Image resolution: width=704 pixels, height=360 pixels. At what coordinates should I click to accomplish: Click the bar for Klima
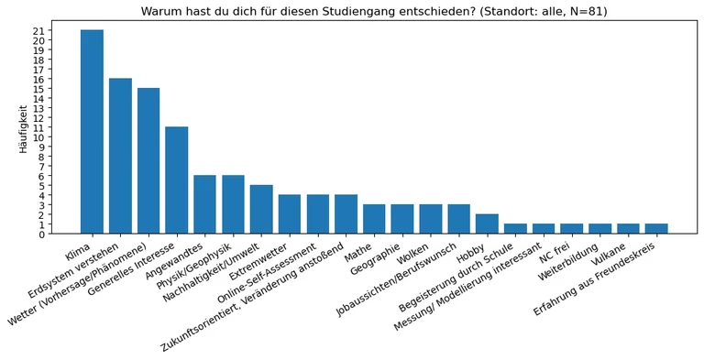(x=92, y=132)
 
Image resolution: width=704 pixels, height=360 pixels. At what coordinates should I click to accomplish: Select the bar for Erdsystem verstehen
(x=120, y=156)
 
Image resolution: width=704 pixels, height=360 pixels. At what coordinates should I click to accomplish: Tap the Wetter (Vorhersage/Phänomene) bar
(x=148, y=161)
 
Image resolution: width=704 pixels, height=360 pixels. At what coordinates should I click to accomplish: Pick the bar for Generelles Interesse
(x=177, y=180)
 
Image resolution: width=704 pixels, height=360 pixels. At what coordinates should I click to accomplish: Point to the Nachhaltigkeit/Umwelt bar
(x=261, y=210)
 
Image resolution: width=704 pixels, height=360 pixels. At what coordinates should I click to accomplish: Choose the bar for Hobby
(x=487, y=224)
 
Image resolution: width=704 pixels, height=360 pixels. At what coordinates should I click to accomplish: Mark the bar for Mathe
(x=374, y=219)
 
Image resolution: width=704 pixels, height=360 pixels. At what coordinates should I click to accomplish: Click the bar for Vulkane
(x=628, y=229)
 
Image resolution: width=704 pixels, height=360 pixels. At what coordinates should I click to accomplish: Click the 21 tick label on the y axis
(x=38, y=30)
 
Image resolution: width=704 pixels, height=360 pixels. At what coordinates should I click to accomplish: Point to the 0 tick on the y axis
(x=41, y=235)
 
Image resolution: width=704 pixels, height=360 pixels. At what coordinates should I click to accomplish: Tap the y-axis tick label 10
(x=38, y=137)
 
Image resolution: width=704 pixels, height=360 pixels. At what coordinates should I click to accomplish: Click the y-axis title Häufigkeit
(x=24, y=127)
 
